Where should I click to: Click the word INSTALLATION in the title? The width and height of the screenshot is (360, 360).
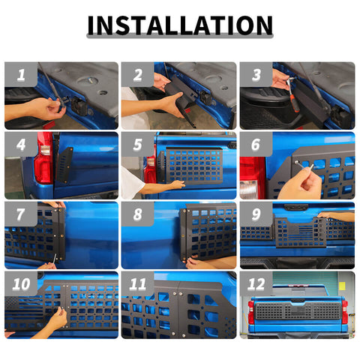click(x=180, y=25)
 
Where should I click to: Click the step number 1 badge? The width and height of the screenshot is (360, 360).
click(x=21, y=74)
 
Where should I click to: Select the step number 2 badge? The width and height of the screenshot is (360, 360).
click(x=138, y=74)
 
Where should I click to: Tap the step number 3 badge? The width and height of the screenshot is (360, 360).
click(x=256, y=74)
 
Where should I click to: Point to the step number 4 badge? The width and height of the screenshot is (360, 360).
click(x=21, y=144)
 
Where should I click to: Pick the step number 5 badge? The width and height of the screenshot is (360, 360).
click(x=138, y=144)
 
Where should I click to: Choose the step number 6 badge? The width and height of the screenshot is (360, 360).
click(x=256, y=144)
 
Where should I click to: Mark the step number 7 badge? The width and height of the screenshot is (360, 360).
click(x=21, y=214)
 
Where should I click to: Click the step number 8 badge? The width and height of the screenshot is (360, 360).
click(x=138, y=214)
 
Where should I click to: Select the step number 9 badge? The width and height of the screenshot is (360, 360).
click(x=256, y=214)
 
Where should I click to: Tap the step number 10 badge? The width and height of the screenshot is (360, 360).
click(x=21, y=283)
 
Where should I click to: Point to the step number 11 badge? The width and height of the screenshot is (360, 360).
click(x=138, y=283)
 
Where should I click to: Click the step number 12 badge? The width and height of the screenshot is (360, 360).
click(x=256, y=283)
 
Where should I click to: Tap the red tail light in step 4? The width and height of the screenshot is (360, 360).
click(x=44, y=158)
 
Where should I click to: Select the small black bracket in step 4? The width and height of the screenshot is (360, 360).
click(x=64, y=165)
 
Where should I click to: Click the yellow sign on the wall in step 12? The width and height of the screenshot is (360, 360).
click(x=342, y=286)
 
